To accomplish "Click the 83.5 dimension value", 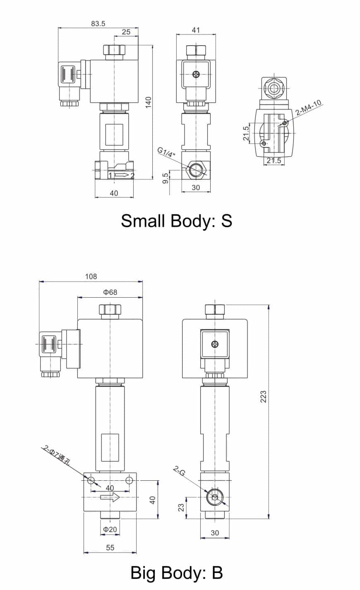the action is [98, 24].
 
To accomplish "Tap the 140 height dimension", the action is [149, 102].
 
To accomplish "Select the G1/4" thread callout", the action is [166, 152].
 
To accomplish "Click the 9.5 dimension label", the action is [165, 178].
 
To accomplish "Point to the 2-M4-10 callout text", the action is [308, 108].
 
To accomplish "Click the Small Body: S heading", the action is [177, 221].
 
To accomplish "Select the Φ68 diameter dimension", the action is [110, 292].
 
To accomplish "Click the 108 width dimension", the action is [91, 277].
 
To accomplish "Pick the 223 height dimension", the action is [264, 396].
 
